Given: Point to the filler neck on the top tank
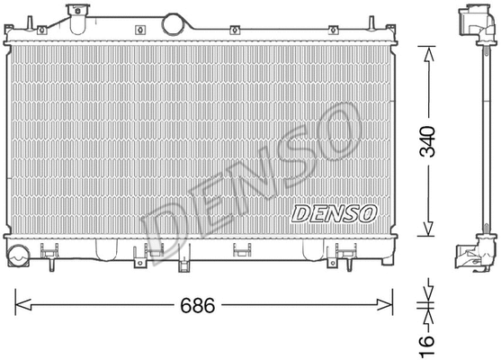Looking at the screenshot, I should pos(78,13).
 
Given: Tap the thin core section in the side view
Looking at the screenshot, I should pos(473,135).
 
